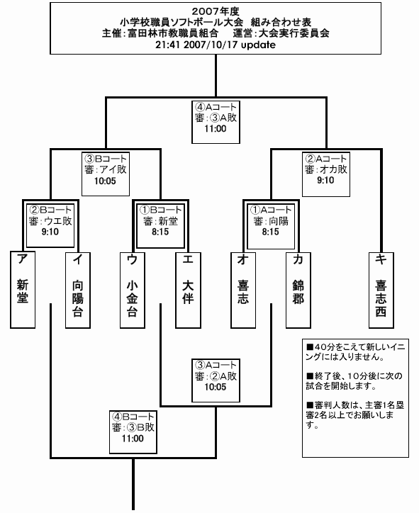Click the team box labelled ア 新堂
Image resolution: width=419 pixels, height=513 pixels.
click(x=23, y=290)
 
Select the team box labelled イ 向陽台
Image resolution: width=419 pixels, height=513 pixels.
click(x=78, y=291)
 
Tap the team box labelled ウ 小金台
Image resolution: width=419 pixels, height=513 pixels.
click(x=133, y=291)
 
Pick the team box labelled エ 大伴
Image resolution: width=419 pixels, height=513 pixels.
click(x=188, y=291)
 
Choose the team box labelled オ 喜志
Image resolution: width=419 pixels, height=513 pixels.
click(x=243, y=291)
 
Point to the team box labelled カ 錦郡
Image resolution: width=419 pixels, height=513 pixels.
click(x=298, y=291)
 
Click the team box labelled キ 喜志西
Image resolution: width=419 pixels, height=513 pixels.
click(x=381, y=291)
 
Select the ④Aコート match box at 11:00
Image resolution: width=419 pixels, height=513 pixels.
click(x=216, y=122)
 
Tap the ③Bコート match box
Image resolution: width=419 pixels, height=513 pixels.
click(x=106, y=174)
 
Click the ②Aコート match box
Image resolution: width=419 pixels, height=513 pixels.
click(x=326, y=174)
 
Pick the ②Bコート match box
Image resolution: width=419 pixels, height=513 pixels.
click(x=50, y=225)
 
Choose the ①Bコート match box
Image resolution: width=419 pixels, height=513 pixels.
click(x=160, y=226)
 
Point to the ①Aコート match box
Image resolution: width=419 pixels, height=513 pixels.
click(x=271, y=226)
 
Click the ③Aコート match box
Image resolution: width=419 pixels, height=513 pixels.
click(x=216, y=380)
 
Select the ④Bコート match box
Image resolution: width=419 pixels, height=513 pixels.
click(x=133, y=432)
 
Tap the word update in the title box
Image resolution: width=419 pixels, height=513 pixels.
click(x=258, y=45)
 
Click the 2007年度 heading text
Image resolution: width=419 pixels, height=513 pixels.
click(x=216, y=11)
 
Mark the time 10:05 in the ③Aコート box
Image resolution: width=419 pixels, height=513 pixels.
click(x=216, y=387)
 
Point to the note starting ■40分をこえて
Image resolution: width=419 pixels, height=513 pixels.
click(x=355, y=351)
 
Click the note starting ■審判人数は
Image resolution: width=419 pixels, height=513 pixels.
click(x=355, y=415)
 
